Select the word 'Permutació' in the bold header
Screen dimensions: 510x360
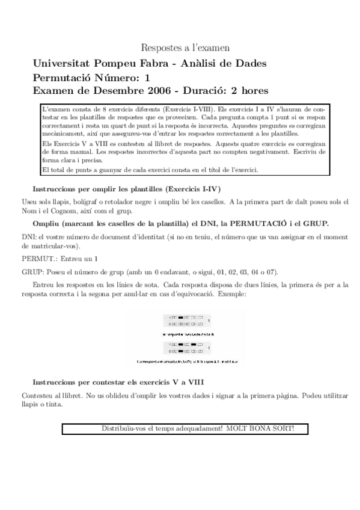click(x=63, y=77)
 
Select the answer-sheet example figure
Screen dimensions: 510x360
click(x=186, y=337)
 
